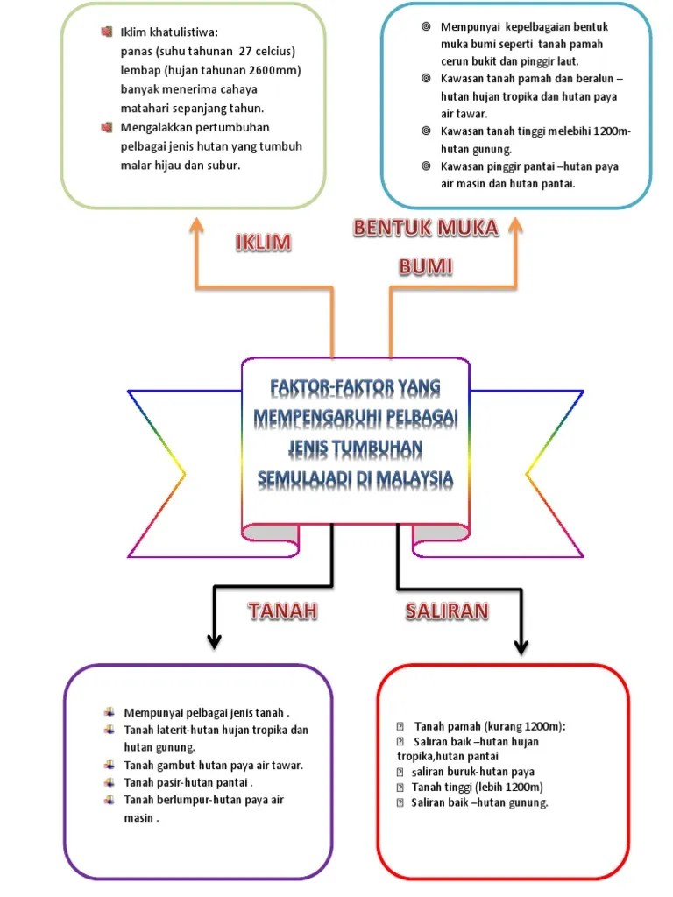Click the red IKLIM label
click(263, 243)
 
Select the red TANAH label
click(282, 611)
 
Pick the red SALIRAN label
click(447, 611)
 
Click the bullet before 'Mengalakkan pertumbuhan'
click(107, 128)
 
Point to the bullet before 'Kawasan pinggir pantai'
click(426, 166)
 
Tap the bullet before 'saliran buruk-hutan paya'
click(401, 772)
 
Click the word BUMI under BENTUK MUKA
click(426, 266)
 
